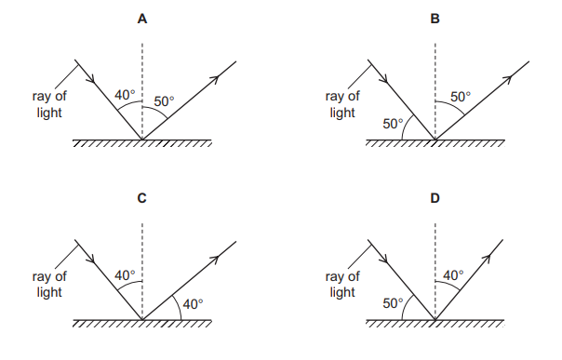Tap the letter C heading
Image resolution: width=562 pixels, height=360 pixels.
[141, 198]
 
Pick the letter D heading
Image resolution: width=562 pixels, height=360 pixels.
[435, 198]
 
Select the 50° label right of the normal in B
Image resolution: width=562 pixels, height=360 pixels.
[461, 97]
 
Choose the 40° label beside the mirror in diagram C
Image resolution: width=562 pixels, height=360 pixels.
[193, 304]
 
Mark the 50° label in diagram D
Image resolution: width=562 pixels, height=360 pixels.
[395, 304]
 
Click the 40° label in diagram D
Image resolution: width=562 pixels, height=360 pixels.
[453, 275]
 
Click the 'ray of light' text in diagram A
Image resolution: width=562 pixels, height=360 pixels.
[48, 104]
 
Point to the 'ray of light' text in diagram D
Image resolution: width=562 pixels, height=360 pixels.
[342, 284]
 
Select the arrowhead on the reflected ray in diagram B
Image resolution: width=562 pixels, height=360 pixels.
[510, 78]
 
